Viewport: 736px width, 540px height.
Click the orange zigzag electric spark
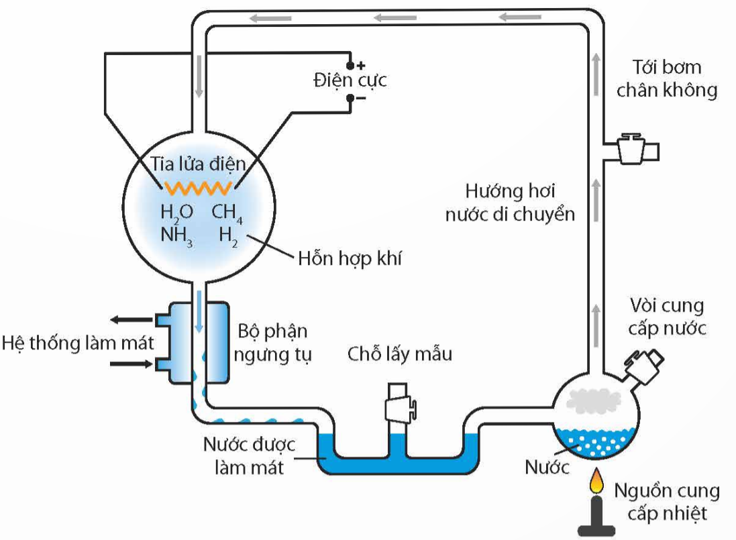(195, 184)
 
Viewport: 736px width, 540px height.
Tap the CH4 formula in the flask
(227, 213)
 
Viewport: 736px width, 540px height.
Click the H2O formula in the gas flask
(176, 213)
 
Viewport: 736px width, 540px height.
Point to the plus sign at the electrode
(361, 65)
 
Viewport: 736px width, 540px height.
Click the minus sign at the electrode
(361, 99)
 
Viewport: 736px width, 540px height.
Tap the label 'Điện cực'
(350, 81)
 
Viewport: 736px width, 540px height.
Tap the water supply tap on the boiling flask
(642, 362)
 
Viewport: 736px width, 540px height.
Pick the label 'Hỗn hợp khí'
(350, 258)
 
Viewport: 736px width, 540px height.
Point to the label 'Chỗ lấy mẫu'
(400, 354)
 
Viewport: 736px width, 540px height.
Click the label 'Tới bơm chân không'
(667, 78)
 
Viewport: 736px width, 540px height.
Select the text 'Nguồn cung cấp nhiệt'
(667, 501)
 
